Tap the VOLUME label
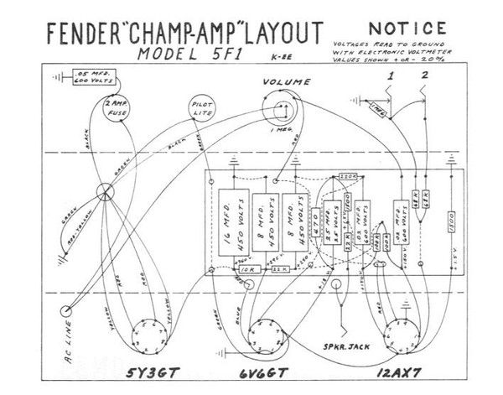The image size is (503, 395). click(286, 82)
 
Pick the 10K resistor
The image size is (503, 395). click(224, 271)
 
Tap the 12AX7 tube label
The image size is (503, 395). click(398, 372)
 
